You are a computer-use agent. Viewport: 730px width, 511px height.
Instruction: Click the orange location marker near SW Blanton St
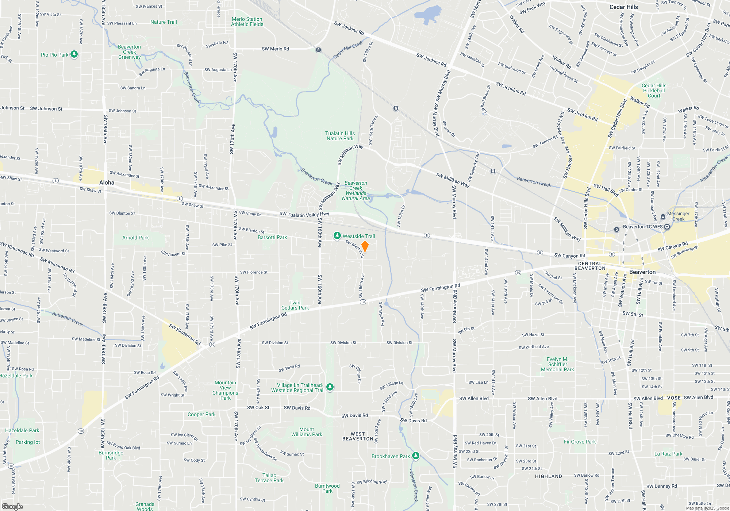point(365,246)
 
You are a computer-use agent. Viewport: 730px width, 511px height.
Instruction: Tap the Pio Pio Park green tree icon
point(74,54)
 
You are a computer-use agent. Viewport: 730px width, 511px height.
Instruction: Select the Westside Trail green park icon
point(337,236)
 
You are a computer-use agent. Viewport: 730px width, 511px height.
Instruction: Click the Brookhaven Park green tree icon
point(415,456)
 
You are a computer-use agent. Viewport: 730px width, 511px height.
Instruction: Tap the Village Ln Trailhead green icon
point(330,387)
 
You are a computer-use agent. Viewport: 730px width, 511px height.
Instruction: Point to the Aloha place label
point(107,182)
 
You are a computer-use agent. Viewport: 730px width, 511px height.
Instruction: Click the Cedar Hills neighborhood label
point(623,7)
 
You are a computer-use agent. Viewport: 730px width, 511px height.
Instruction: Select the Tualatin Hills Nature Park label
point(340,136)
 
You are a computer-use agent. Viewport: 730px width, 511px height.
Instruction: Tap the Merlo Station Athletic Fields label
point(247,22)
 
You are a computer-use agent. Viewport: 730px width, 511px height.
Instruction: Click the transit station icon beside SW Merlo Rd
point(318,50)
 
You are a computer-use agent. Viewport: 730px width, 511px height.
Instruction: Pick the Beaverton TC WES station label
point(642,227)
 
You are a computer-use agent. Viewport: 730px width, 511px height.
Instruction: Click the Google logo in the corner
point(12,506)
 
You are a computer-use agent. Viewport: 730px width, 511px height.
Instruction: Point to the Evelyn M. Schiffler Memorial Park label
point(557,364)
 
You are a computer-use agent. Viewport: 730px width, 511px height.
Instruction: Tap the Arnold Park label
point(135,238)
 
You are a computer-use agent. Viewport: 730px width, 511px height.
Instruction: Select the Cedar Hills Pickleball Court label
point(654,91)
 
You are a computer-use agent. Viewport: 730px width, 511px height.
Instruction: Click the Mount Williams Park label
point(307,432)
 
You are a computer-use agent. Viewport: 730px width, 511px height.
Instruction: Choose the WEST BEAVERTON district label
point(358,436)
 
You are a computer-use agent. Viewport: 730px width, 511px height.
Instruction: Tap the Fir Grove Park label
point(580,442)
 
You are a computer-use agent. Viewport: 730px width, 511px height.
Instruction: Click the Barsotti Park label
point(272,237)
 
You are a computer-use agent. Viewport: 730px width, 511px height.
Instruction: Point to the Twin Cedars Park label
point(295,305)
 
